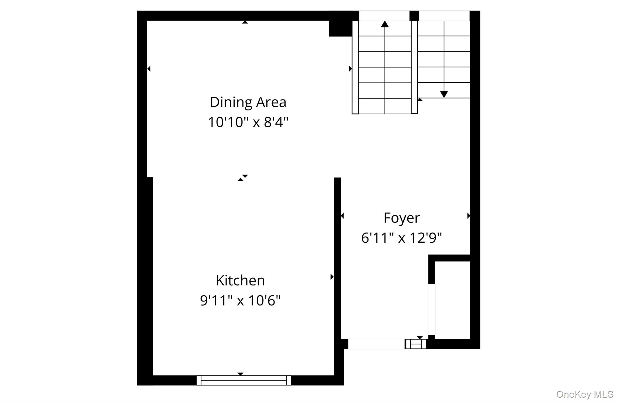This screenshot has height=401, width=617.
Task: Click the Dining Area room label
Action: [x=248, y=102]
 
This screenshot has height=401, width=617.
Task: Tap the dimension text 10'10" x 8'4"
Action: [x=248, y=122]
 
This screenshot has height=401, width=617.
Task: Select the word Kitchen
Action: [x=240, y=281]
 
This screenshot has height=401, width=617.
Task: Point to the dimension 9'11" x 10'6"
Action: [x=240, y=301]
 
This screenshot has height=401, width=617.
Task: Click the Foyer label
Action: [x=401, y=218]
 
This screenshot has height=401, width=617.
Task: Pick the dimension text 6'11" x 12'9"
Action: [x=401, y=238]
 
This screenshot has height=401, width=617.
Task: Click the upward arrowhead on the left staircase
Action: [x=385, y=24]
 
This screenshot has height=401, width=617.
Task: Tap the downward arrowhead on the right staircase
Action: [x=444, y=94]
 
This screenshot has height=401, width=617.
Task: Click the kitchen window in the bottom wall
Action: [x=243, y=380]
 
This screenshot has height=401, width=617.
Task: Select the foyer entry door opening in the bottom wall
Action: [x=376, y=344]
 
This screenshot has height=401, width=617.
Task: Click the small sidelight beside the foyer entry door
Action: [x=415, y=344]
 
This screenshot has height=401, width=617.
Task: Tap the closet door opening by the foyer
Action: [x=432, y=309]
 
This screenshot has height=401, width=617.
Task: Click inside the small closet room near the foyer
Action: [x=453, y=300]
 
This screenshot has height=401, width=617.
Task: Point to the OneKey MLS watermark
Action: [x=584, y=394]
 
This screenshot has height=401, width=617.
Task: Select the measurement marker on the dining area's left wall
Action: [x=149, y=69]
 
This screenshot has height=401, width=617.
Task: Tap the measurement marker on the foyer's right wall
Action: [x=468, y=216]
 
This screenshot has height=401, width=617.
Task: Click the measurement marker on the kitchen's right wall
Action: [x=332, y=276]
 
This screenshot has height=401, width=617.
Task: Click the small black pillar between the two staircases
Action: [x=414, y=15]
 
